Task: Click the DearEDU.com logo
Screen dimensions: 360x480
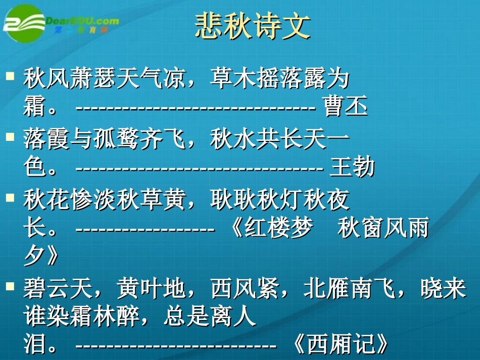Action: (x=61, y=22)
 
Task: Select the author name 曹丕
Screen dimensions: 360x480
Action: (x=346, y=108)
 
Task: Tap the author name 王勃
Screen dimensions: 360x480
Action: (x=352, y=168)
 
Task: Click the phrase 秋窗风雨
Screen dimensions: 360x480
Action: (x=383, y=229)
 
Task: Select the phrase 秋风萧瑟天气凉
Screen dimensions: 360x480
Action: (x=104, y=79)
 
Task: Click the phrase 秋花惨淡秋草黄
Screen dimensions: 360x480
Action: (x=104, y=200)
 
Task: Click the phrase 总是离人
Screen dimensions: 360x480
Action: (x=210, y=317)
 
